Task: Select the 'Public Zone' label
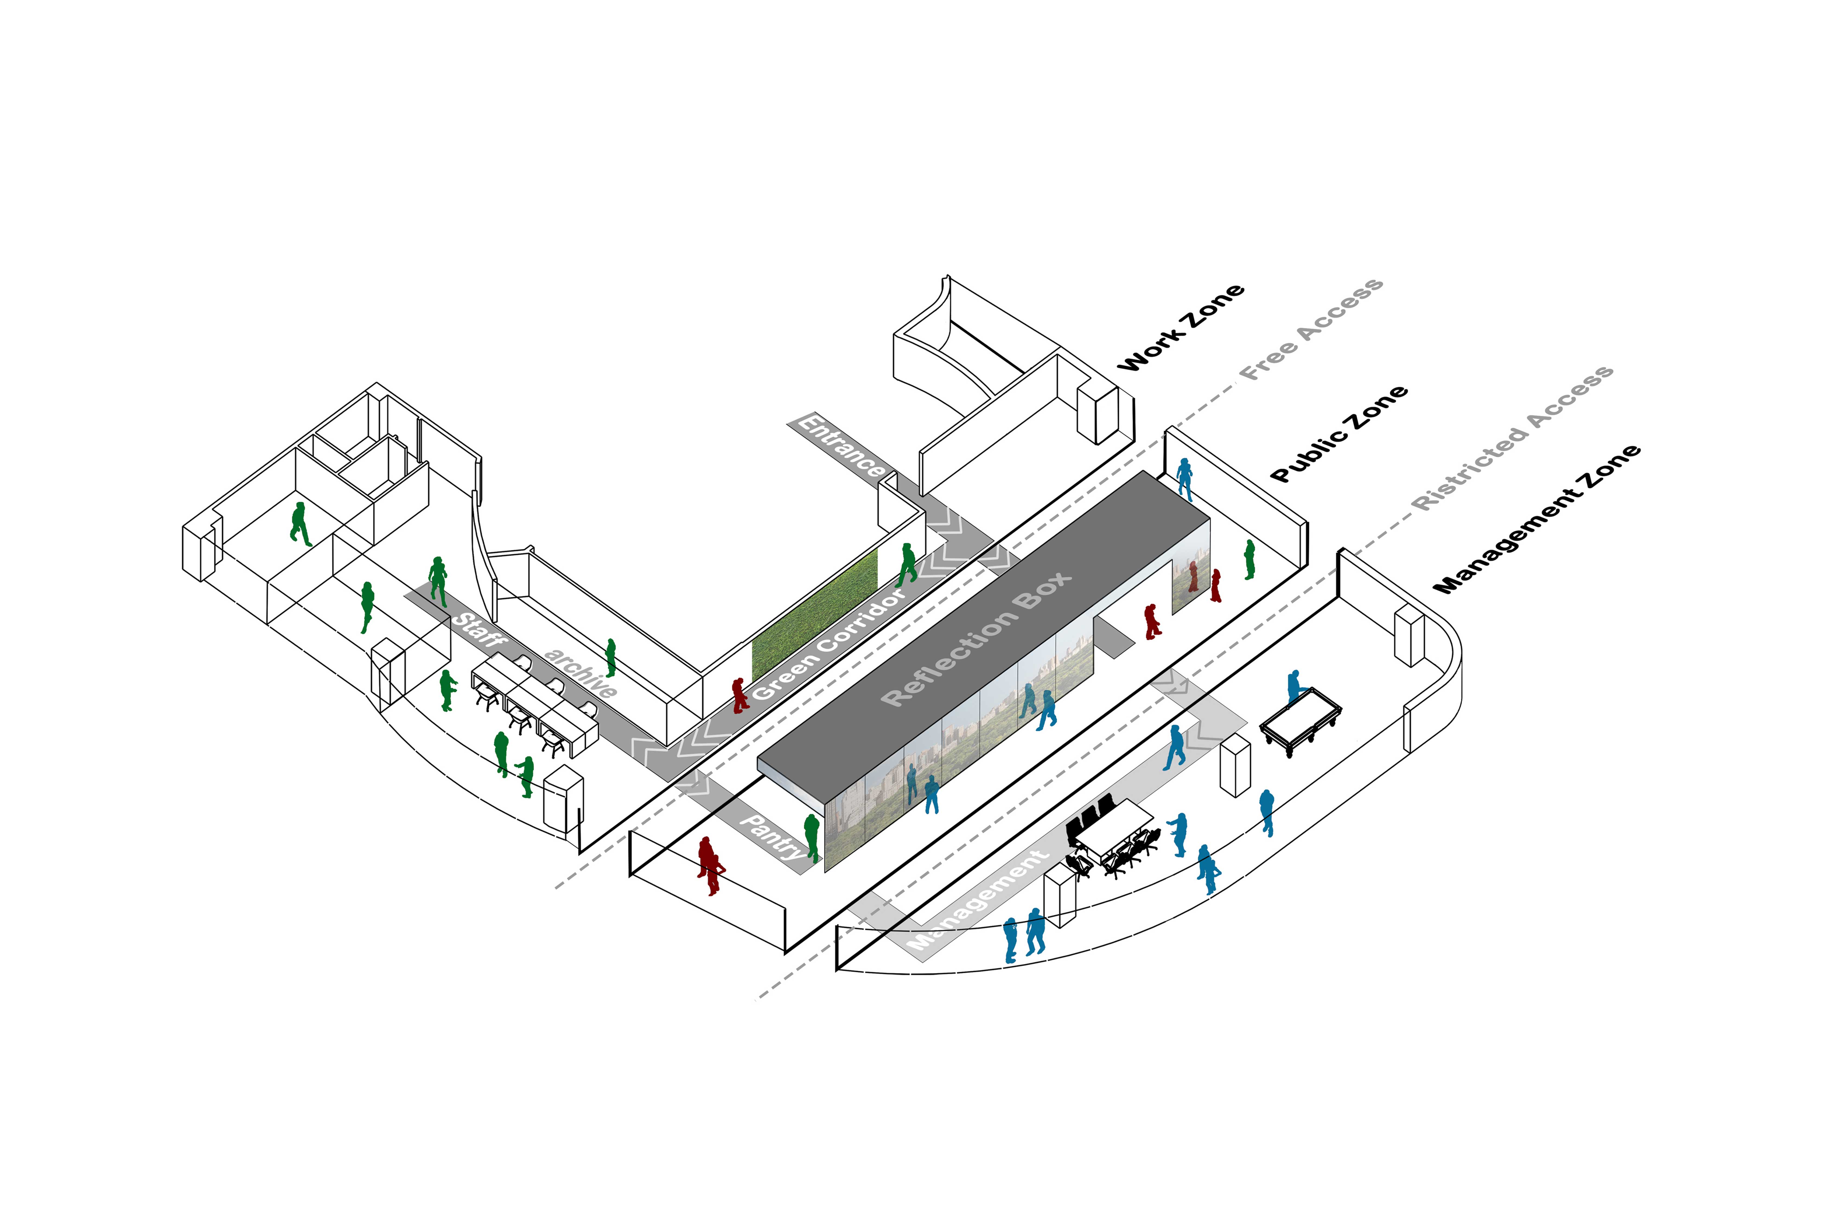[1338, 434]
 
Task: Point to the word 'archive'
[581, 672]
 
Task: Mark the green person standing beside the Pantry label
[811, 837]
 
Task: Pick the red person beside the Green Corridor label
[740, 695]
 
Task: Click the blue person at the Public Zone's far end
[1184, 479]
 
